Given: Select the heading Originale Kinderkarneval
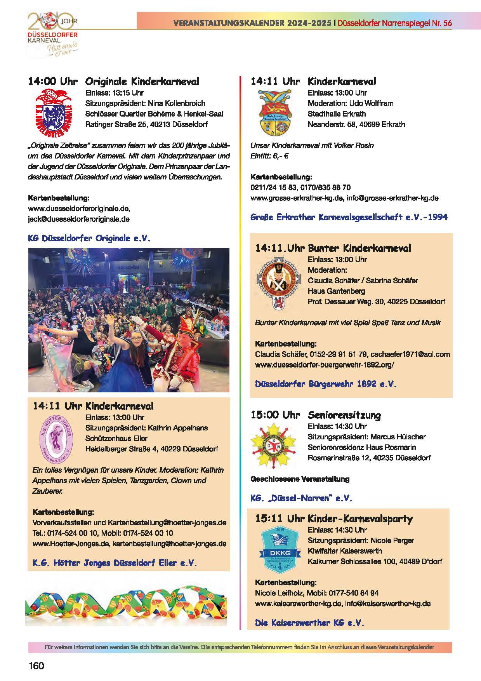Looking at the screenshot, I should pyautogui.click(x=142, y=82).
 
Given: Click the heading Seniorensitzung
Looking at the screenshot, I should pyautogui.click(x=344, y=415).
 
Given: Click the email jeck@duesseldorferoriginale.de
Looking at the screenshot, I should pyautogui.click(x=79, y=219).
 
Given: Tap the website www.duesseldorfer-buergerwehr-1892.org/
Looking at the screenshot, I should pyautogui.click(x=325, y=365).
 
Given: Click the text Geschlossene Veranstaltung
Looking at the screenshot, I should pyautogui.click(x=300, y=479).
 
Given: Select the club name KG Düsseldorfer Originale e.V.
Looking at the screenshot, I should pyautogui.click(x=89, y=238).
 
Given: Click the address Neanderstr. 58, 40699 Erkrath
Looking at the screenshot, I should pyautogui.click(x=356, y=124).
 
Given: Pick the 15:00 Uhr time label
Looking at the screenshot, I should pyautogui.click(x=275, y=415).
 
